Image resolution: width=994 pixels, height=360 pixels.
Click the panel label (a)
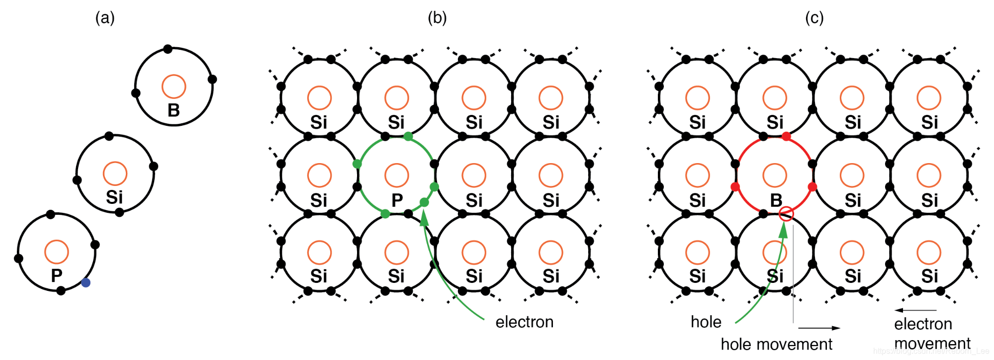tap(105, 18)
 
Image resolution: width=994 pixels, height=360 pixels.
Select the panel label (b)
tap(437, 18)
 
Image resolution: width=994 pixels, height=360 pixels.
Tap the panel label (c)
tap(814, 18)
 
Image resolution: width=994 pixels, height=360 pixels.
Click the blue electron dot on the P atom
tap(86, 282)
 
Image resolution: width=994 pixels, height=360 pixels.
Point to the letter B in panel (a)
tap(174, 110)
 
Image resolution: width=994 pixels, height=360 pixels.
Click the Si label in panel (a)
tap(114, 197)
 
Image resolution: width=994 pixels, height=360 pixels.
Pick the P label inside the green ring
tap(397, 200)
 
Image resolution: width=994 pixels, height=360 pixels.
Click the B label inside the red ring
tap(776, 200)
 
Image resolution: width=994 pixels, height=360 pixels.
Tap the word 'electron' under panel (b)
tap(524, 322)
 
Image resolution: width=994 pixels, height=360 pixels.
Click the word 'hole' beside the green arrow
tap(706, 322)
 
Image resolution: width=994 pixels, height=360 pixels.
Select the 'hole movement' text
tap(776, 344)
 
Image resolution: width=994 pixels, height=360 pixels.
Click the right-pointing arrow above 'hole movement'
tap(819, 328)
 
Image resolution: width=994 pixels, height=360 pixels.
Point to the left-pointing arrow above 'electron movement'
tap(915, 310)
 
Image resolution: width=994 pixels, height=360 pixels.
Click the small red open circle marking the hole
tap(786, 214)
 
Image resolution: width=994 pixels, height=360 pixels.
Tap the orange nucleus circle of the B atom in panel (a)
tap(174, 87)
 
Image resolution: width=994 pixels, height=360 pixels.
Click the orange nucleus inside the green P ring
tap(397, 175)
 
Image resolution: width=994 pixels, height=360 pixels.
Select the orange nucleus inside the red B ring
tap(775, 175)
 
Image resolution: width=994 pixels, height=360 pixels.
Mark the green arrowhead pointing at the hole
tap(783, 230)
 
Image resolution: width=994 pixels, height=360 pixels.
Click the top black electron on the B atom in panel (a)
tap(168, 49)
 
